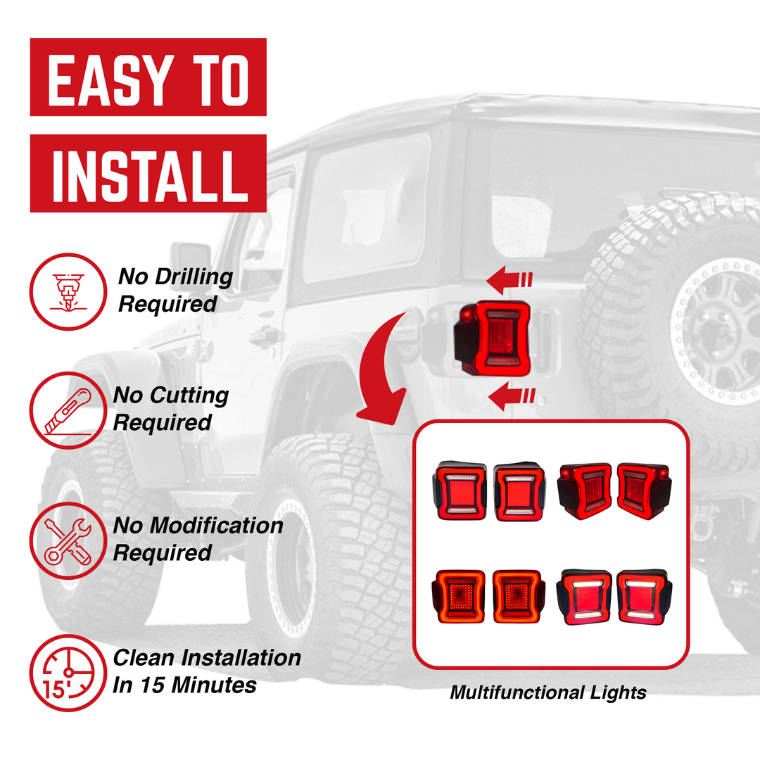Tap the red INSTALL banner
point(148,173)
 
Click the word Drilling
point(192,277)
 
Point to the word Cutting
point(189,395)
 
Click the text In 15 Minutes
point(184,685)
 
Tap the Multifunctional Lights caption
point(547,693)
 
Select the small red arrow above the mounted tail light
point(509,281)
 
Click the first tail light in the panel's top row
point(460,490)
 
